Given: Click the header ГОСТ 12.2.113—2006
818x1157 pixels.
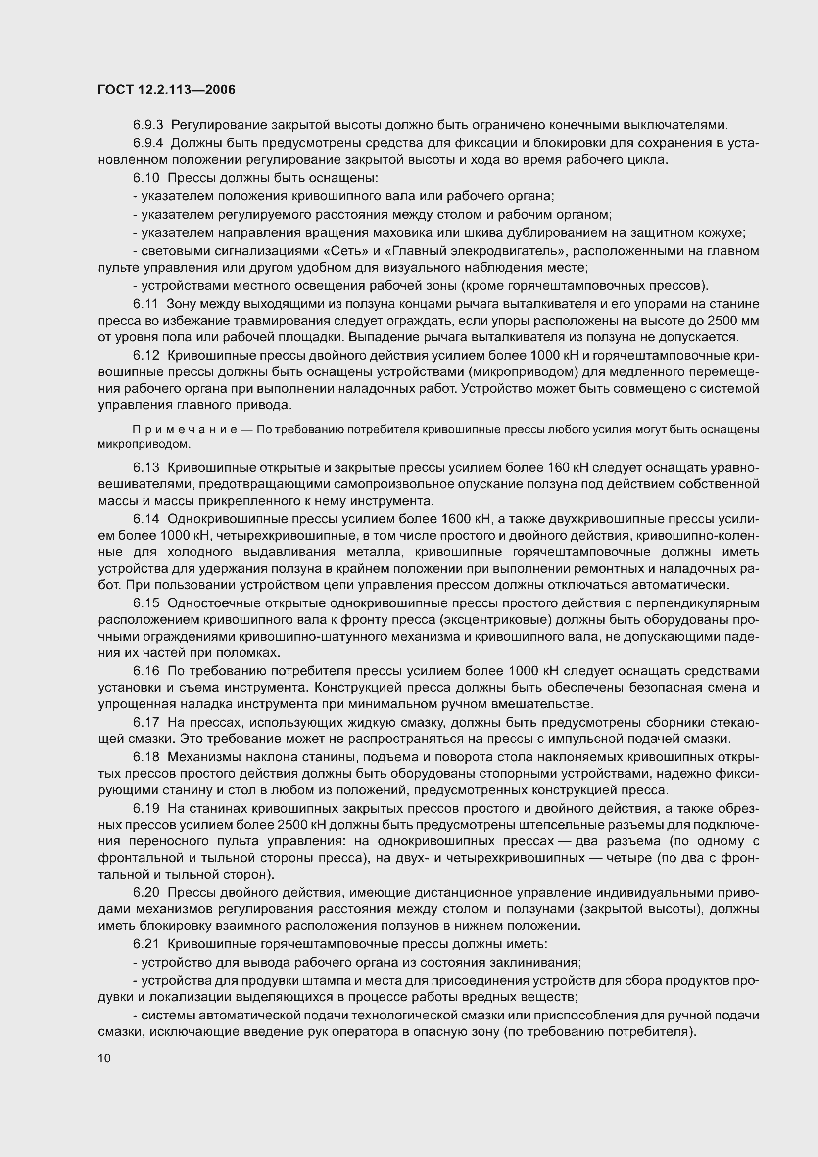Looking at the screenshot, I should [x=166, y=90].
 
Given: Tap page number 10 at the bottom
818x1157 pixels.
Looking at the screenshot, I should [x=104, y=1058].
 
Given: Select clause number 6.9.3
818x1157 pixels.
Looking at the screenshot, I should [x=148, y=125].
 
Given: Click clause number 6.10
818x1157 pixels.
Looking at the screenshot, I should [x=146, y=178].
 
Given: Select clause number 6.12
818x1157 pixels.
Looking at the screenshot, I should [x=146, y=355].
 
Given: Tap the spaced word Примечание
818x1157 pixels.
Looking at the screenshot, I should [x=192, y=429].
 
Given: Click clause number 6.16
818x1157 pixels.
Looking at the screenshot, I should [x=146, y=671].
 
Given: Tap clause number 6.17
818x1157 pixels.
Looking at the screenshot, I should [x=146, y=723].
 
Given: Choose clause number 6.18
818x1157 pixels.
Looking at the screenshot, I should [x=146, y=757].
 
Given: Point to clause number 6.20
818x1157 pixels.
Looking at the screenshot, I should [x=146, y=892].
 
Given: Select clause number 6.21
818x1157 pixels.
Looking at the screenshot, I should [x=146, y=944].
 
